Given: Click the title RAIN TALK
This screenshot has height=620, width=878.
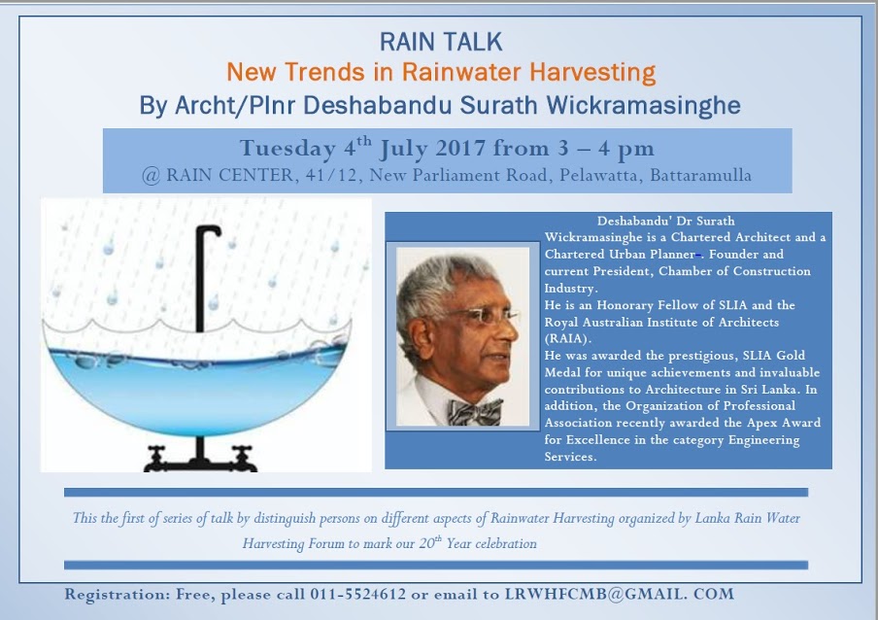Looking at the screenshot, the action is click(441, 42).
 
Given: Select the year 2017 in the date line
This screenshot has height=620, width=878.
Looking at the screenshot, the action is click(460, 149).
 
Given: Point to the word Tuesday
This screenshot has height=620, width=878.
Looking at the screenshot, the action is click(287, 149).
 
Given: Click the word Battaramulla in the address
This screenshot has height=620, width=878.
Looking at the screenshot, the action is click(700, 175).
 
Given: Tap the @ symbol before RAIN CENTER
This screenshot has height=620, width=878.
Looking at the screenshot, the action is click(152, 176).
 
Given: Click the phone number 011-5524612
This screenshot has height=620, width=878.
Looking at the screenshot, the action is click(357, 594).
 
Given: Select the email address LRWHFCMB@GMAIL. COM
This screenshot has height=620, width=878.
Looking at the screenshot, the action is click(620, 594).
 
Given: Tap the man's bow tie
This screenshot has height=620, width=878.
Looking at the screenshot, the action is click(475, 412).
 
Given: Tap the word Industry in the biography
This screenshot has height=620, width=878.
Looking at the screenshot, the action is click(570, 289).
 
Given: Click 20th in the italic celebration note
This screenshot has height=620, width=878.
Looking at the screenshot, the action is click(430, 542).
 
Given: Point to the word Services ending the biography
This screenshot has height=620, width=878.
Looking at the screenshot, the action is click(570, 457).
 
